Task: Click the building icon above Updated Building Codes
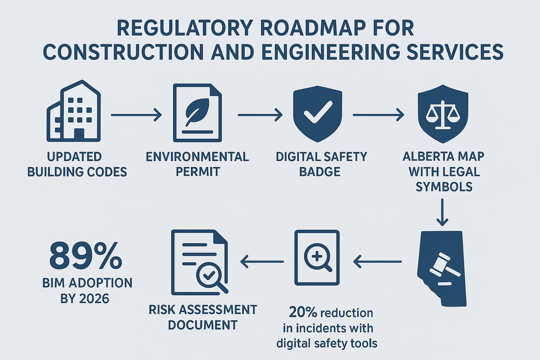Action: click(75, 112)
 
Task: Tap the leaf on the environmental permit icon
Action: click(196, 112)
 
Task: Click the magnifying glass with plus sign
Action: click(318, 257)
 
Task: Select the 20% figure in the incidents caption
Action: click(300, 313)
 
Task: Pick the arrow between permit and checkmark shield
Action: click(260, 116)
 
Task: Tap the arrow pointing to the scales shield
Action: click(378, 116)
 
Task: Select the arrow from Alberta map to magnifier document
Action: click(377, 260)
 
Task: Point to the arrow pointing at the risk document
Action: click(263, 260)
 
